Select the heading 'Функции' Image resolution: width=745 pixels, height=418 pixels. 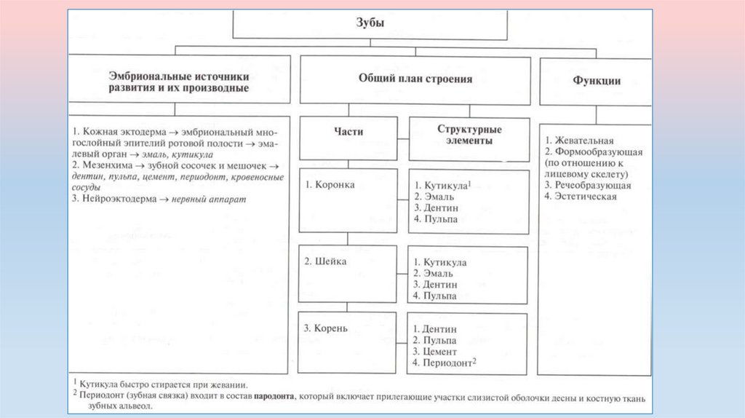coord(596,81)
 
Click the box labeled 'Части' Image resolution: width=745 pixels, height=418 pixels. coord(348,132)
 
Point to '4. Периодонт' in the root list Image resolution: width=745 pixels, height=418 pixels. coord(444,362)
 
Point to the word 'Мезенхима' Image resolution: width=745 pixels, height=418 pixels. coord(107,165)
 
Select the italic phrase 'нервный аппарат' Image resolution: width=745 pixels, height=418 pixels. coord(210,199)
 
